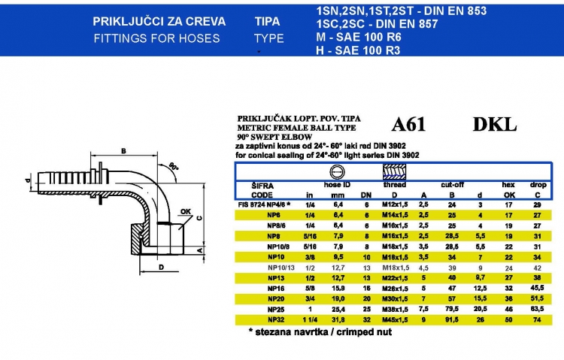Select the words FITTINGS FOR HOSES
point(156,38)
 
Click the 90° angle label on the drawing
point(174,165)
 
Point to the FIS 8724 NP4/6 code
point(263,204)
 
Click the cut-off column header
point(451,183)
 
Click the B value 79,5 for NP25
point(451,308)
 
